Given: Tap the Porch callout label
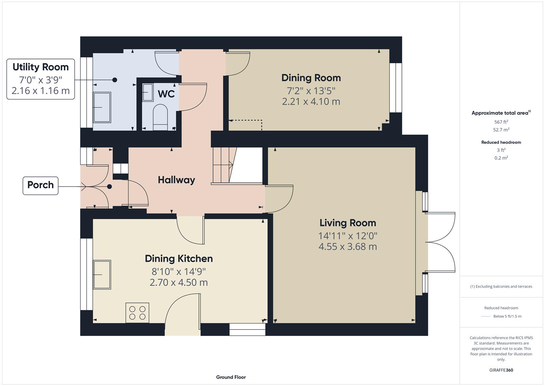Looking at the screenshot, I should pos(40,185).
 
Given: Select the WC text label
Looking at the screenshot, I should pos(166,94).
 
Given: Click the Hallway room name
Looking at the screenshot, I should pos(176,180).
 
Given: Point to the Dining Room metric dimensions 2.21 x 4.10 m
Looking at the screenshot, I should pos(311,102).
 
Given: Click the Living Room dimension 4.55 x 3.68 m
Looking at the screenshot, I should pos(348,247).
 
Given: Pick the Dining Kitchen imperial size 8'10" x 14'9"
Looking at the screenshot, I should pos(178,272).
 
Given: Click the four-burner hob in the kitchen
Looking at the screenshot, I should pos(137,313).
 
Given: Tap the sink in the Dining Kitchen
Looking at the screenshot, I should pos(102,274).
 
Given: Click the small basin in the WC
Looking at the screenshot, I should pos(147,93).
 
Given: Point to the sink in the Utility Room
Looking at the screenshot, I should pos(102,107).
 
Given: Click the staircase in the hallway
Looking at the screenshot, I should pos(223,165).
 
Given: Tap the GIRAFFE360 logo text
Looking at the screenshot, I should pos(501,370).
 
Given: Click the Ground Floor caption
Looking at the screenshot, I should pos(231,377).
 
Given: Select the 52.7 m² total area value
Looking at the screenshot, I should pos(501,130).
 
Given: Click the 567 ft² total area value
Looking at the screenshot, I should pos(501,122).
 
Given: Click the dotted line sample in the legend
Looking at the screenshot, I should pos(486,316).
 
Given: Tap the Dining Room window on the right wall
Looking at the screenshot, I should pos(395,88).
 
